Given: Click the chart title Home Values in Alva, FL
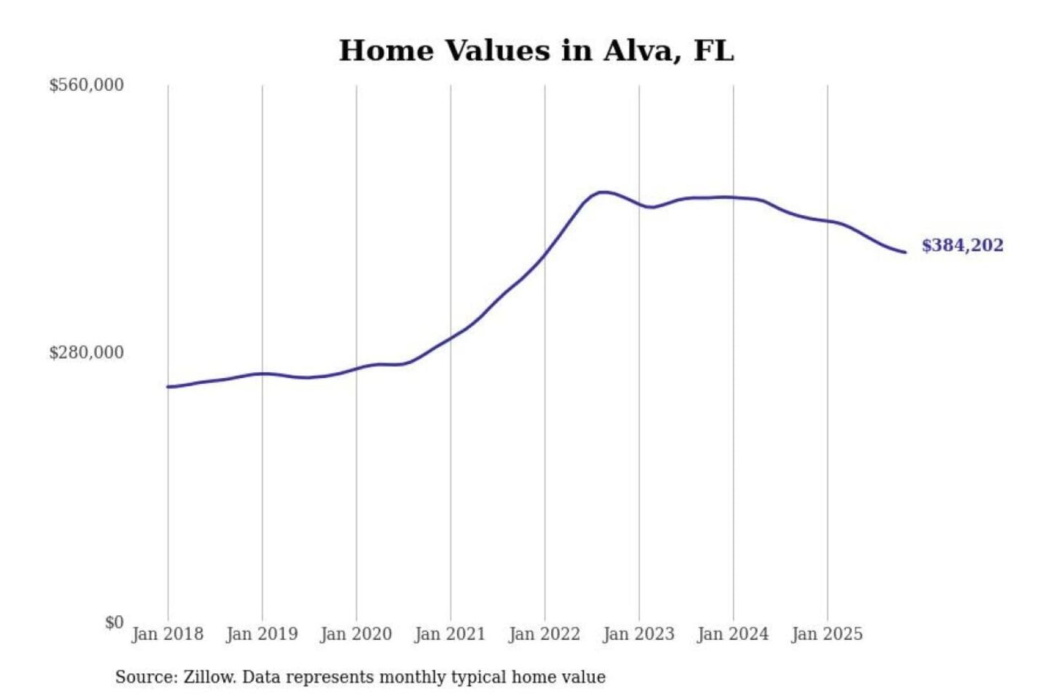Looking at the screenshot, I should [x=537, y=51].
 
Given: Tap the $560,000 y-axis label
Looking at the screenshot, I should [x=87, y=85].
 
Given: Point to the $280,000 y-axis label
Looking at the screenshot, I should [x=87, y=353].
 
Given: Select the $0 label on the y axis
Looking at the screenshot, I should [x=114, y=622].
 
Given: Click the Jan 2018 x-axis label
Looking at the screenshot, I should [x=167, y=634].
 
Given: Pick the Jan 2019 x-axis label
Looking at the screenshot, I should [x=262, y=634].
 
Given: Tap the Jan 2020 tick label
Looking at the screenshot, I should [x=356, y=634].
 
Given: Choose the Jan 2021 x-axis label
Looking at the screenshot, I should [x=450, y=634].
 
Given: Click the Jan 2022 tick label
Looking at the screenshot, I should [x=545, y=634].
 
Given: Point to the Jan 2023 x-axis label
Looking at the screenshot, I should [x=638, y=634].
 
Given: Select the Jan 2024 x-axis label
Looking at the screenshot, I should [x=733, y=634].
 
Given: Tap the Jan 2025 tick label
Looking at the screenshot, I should [x=827, y=634].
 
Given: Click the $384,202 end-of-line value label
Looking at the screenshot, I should [x=962, y=246].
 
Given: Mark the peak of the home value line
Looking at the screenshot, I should [x=603, y=192].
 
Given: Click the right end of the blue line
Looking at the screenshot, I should [x=905, y=252].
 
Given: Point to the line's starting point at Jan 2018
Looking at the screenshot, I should [x=168, y=387].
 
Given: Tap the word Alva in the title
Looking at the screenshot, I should [x=642, y=51].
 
